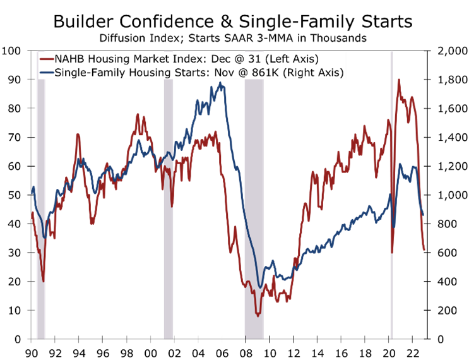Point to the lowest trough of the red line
point(258,315)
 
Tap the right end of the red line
point(424,250)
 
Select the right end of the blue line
point(422,215)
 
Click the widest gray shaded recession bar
point(254,208)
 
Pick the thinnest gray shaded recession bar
point(391,189)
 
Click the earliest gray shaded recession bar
point(41,208)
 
